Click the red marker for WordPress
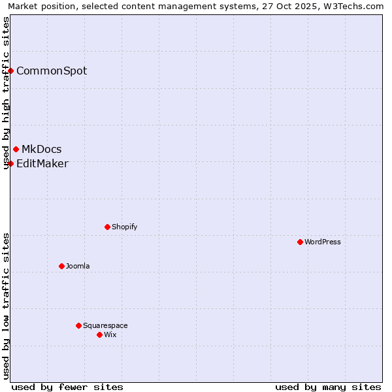point(300,242)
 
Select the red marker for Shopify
point(107,227)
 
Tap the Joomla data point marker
point(61,266)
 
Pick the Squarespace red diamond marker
point(78,325)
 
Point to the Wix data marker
point(99,335)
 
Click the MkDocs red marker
point(16,150)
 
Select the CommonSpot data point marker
point(11,71)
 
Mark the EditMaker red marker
point(11,163)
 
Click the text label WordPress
point(323,242)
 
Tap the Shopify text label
point(124,227)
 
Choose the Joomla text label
point(78,266)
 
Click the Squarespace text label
point(105,325)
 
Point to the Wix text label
point(110,335)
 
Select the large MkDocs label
point(41,150)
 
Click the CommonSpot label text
point(52,71)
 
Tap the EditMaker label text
point(42,163)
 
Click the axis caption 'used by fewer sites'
point(67,387)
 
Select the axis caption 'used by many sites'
point(328,387)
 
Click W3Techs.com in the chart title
point(353,7)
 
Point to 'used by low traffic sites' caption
point(7,305)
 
